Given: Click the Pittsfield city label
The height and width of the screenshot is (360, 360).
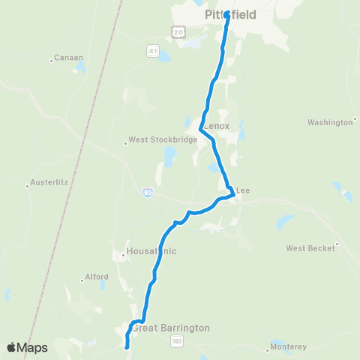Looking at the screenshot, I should (x=230, y=14).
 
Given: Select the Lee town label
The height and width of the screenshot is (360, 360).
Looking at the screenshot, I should (x=242, y=191).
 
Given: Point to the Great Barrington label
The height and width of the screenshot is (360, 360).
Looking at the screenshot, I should (x=171, y=328).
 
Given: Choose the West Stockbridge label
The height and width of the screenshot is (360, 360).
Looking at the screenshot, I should (x=163, y=139).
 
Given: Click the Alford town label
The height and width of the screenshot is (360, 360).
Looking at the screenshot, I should (x=96, y=277).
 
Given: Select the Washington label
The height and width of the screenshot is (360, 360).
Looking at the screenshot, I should (x=330, y=122).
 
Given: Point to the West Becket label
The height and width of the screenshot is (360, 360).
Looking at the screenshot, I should (x=310, y=247).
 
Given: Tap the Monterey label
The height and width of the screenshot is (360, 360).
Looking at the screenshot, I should (x=290, y=347).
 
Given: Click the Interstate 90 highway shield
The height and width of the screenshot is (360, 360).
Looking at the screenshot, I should (x=148, y=193).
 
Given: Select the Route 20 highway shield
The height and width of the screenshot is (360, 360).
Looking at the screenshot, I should (x=177, y=31).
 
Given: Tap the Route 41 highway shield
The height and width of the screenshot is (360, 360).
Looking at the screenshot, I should (x=152, y=51).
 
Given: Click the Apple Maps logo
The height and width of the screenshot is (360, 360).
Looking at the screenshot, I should (x=27, y=347).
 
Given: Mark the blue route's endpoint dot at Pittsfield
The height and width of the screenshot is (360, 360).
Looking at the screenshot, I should (x=226, y=12).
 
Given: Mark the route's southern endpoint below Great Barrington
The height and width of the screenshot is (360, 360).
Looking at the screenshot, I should (x=127, y=346).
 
